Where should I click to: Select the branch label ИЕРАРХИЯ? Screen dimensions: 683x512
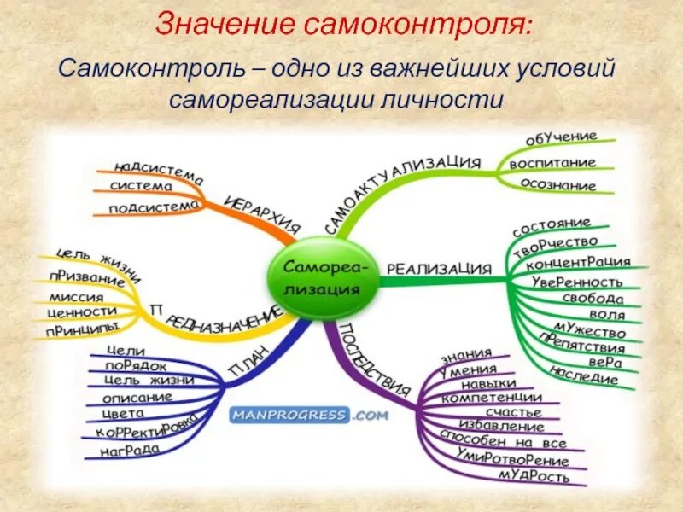(263, 214)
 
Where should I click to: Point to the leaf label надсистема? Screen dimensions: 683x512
(158, 170)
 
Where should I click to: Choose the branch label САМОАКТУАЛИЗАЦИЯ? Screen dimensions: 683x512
(402, 193)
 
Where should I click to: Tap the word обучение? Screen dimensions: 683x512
(560, 139)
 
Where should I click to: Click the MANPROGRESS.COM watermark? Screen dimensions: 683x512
(308, 416)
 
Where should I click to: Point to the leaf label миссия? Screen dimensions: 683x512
(78, 298)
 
